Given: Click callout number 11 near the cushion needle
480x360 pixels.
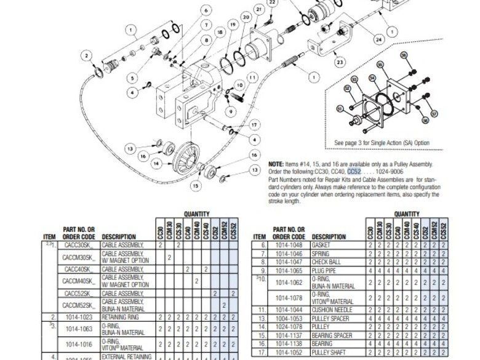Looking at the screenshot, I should (253, 78).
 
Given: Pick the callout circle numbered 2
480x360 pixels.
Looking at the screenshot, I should (88, 56).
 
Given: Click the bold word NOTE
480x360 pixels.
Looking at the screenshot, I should (276, 164).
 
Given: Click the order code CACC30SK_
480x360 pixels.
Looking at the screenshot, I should (79, 245).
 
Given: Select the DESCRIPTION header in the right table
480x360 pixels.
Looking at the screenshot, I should (329, 236).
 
